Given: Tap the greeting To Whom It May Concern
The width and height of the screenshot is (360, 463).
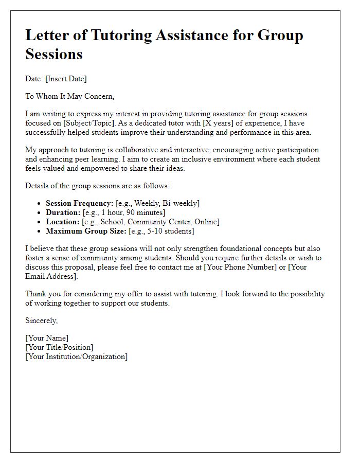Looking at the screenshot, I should pyautogui.click(x=69, y=96).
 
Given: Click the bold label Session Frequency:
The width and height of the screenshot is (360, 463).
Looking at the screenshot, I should pyautogui.click(x=79, y=203).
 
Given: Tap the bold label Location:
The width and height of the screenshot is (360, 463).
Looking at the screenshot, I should pyautogui.click(x=63, y=222).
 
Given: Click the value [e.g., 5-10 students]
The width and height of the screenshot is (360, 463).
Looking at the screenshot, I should pyautogui.click(x=159, y=231).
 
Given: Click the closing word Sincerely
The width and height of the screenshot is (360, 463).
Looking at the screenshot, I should pyautogui.click(x=41, y=320).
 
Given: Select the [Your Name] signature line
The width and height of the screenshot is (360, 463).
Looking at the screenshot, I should pyautogui.click(x=47, y=338).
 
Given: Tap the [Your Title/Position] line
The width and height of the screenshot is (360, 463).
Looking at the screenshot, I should pyautogui.click(x=59, y=347).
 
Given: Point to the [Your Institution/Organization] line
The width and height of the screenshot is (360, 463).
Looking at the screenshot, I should pyautogui.click(x=76, y=357).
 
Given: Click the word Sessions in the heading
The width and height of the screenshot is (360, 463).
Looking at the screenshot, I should pyautogui.click(x=54, y=54).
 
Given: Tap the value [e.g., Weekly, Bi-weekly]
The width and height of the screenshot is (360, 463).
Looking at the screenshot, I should pyautogui.click(x=157, y=203).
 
